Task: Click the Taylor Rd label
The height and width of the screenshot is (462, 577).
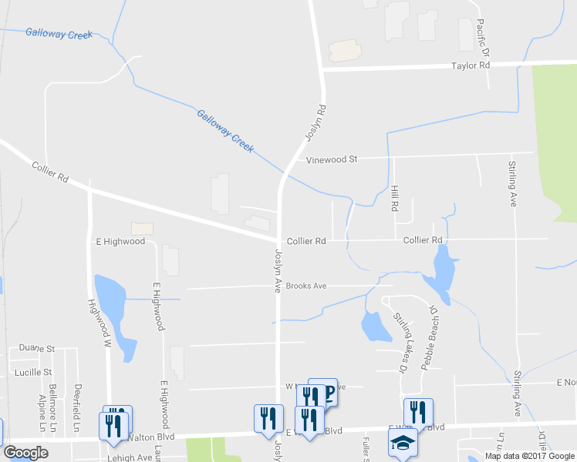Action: (470, 66)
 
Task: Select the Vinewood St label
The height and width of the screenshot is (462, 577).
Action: (332, 159)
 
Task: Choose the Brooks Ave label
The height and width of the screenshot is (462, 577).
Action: (306, 286)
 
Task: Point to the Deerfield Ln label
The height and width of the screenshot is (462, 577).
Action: (77, 407)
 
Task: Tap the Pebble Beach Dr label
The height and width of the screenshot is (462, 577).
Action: (427, 336)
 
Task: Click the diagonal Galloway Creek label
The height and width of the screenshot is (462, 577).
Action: (224, 131)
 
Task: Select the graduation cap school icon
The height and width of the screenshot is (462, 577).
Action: (403, 442)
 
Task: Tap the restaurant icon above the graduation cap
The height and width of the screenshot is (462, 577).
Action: (417, 412)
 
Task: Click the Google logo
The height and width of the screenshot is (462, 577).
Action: (25, 453)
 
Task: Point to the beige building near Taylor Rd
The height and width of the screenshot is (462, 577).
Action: (345, 51)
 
